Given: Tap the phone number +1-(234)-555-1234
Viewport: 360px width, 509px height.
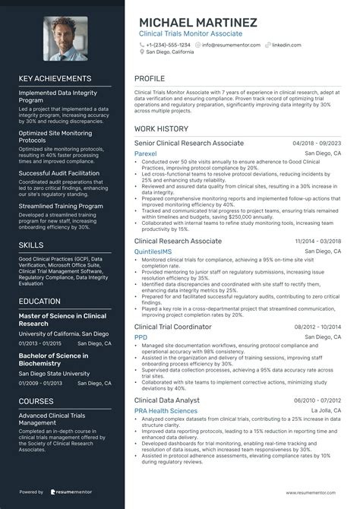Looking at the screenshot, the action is tap(168, 45).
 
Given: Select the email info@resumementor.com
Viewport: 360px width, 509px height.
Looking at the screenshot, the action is tap(232, 45).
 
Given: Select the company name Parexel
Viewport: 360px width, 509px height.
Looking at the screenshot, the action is tap(146, 152).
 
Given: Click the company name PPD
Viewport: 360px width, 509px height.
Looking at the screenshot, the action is tap(141, 337).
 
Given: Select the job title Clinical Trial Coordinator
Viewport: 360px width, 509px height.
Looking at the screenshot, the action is tap(172, 326).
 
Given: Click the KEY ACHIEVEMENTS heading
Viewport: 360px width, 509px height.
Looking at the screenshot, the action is tap(55, 78).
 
